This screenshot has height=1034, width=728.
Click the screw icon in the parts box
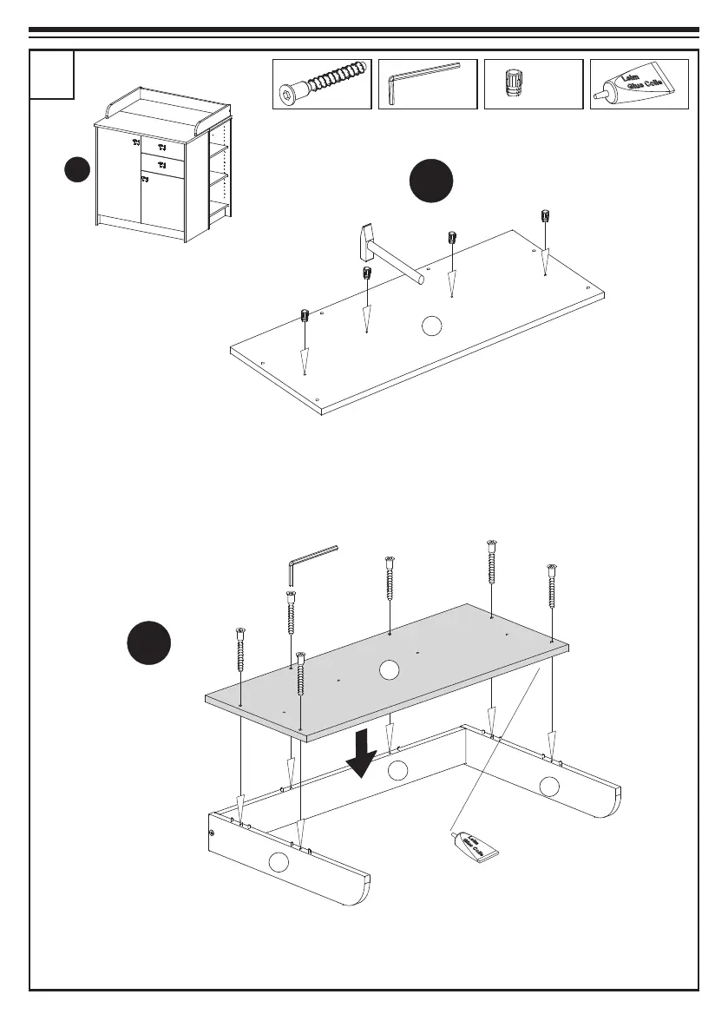click(x=322, y=84)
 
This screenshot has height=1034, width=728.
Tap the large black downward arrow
click(x=359, y=753)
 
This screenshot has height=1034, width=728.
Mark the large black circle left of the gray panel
click(x=148, y=644)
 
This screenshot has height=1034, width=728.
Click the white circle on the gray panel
click(x=390, y=669)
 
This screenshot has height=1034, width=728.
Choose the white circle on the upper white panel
click(x=431, y=326)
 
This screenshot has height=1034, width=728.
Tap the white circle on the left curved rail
click(x=278, y=862)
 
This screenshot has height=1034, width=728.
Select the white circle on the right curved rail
click(x=549, y=787)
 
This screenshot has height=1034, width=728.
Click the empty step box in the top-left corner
click(x=52, y=75)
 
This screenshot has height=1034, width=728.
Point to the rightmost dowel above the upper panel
click(x=544, y=216)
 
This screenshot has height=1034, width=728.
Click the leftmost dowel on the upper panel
click(x=305, y=315)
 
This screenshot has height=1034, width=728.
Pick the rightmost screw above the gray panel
click(x=551, y=586)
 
